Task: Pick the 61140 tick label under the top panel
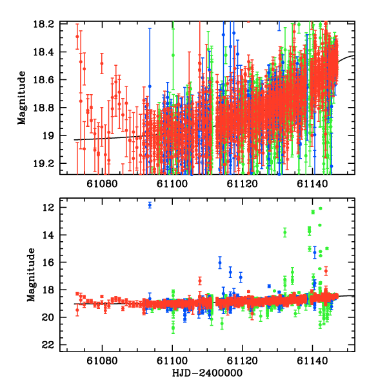[313, 184]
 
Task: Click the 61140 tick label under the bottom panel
[313, 361]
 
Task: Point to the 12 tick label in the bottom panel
[49, 207]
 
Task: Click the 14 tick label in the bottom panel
[49, 235]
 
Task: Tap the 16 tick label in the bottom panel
[49, 263]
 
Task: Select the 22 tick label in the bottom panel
[49, 344]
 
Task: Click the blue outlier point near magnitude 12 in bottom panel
[150, 205]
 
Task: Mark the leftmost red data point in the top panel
[77, 36]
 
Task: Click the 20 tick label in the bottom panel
[49, 317]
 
